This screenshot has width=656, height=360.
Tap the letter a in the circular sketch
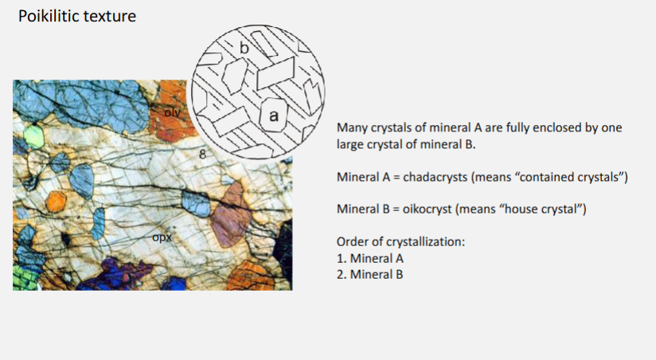point(274,116)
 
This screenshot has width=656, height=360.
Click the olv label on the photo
point(173,112)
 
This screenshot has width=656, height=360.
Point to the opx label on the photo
point(162,237)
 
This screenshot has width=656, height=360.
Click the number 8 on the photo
point(203,154)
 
